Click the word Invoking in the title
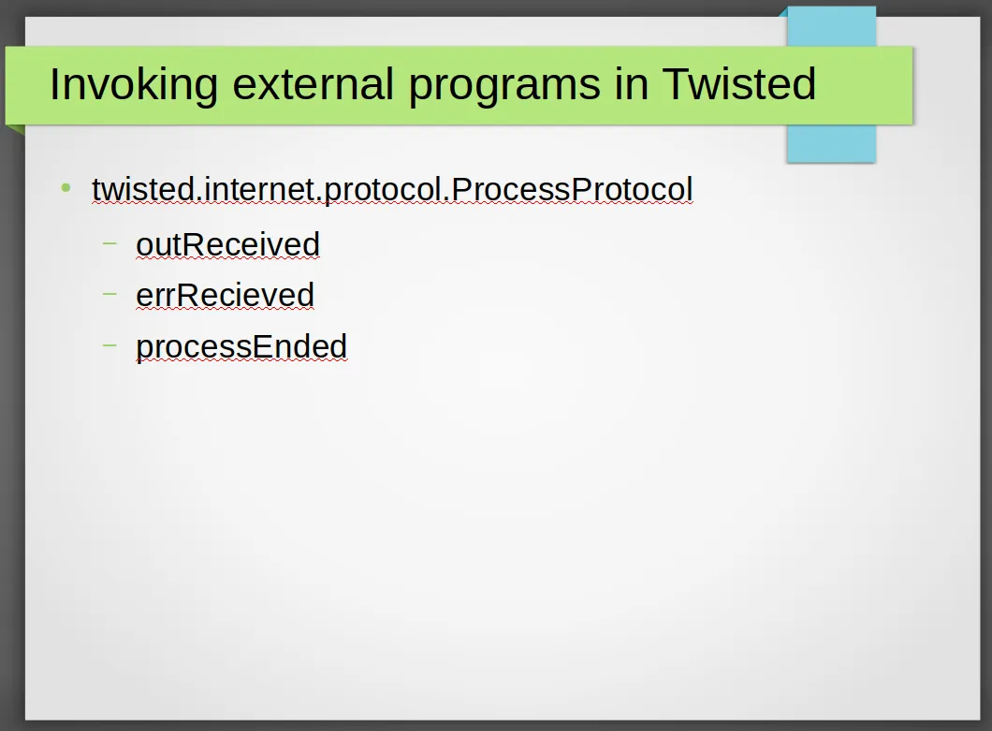click(x=134, y=85)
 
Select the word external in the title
click(x=314, y=84)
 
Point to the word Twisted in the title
click(x=739, y=83)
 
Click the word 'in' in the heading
click(x=631, y=84)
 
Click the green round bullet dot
click(x=66, y=188)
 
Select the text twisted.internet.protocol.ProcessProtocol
click(x=392, y=190)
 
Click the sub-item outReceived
click(x=227, y=244)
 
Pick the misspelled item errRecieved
click(x=226, y=295)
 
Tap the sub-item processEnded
click(x=241, y=347)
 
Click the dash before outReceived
click(x=109, y=242)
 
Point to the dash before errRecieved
click(x=109, y=294)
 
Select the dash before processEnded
click(x=109, y=345)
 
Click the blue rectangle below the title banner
click(x=831, y=143)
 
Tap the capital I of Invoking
click(x=53, y=84)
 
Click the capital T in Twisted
click(x=676, y=84)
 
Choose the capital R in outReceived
click(x=188, y=244)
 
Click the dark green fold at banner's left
click(x=15, y=130)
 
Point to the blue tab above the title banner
click(x=831, y=26)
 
